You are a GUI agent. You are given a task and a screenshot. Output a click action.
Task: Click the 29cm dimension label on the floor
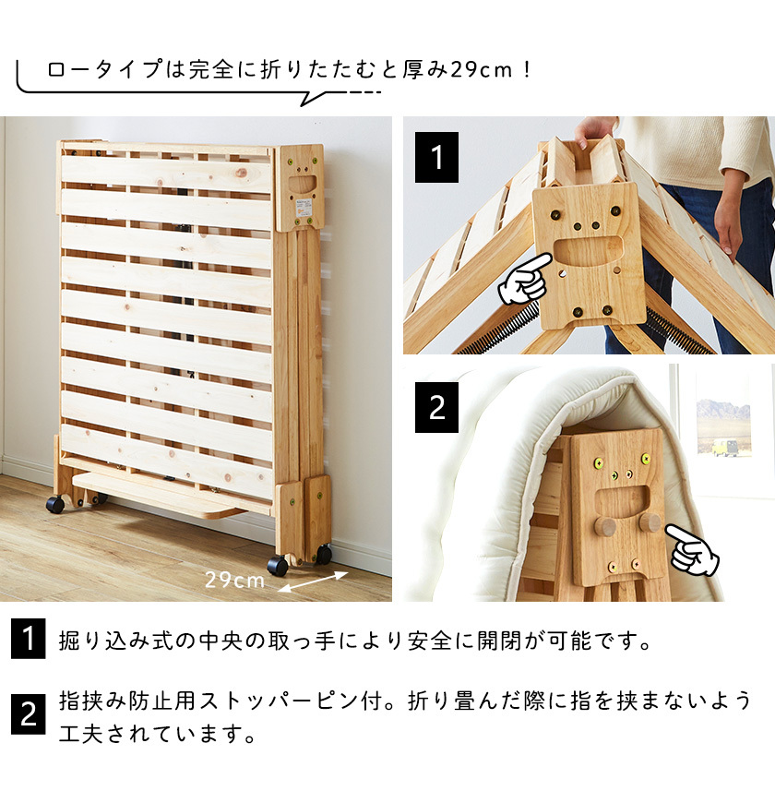(234, 580)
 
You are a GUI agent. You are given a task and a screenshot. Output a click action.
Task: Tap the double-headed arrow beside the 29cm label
(313, 581)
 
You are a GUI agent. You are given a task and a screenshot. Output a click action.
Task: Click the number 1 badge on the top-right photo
(437, 157)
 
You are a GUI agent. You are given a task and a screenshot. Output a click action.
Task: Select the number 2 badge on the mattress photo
(437, 407)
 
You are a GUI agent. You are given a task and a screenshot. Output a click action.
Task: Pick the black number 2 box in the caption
(28, 713)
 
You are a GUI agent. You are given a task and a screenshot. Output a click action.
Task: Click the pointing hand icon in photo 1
(522, 281)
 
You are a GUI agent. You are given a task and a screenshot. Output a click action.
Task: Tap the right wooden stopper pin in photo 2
(650, 523)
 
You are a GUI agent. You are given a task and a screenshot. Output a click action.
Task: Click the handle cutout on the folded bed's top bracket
(302, 184)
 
